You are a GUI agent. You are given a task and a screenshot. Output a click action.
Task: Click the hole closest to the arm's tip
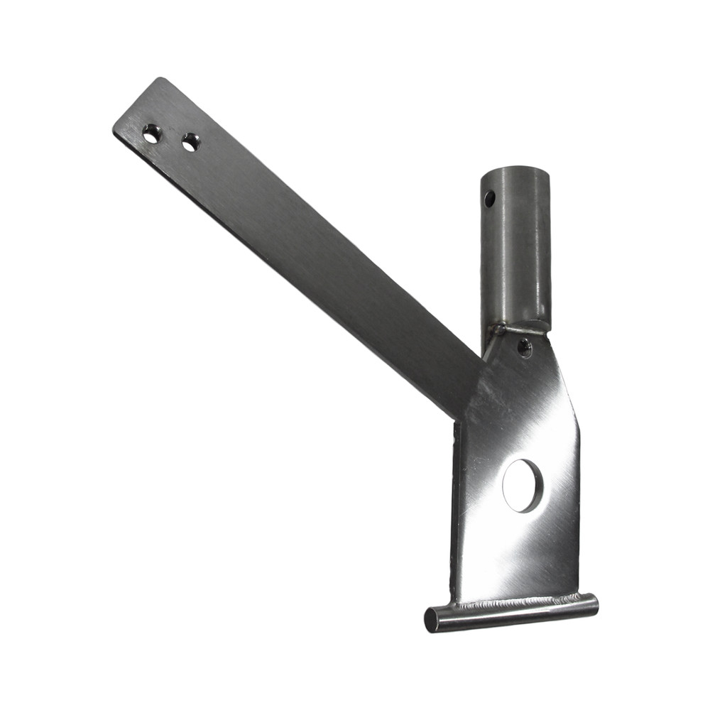[x=151, y=133]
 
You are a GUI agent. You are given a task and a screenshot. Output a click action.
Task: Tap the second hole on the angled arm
[x=190, y=142]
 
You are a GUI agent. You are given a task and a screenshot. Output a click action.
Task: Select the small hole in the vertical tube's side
[x=489, y=199]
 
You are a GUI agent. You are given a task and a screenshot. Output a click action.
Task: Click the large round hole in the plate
[x=522, y=486]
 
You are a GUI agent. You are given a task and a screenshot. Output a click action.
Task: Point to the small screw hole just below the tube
[x=524, y=347]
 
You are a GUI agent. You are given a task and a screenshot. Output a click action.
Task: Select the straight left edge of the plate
[x=454, y=511]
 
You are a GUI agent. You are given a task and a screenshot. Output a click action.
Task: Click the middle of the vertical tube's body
[x=515, y=248]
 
